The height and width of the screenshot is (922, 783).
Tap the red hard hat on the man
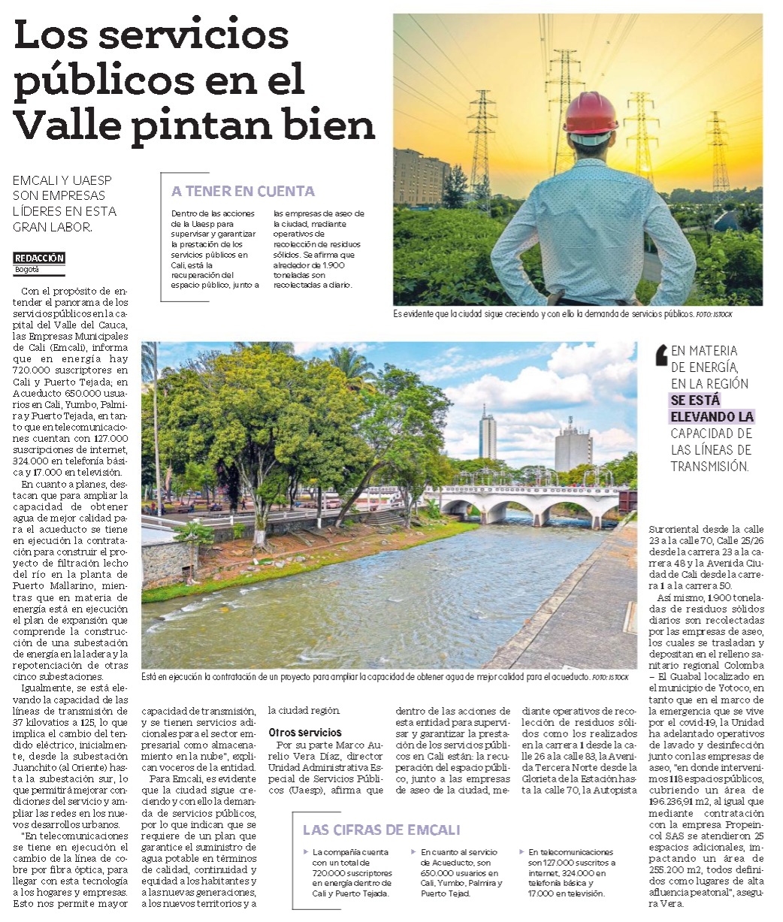click(590, 113)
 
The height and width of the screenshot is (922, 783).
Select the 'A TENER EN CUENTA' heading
click(243, 192)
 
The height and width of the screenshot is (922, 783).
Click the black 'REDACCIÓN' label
click(39, 258)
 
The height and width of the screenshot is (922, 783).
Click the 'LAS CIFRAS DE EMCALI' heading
click(380, 830)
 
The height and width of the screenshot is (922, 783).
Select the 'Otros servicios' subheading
click(305, 732)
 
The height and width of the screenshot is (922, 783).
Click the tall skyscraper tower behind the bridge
click(488, 436)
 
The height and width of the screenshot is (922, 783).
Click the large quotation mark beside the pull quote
click(661, 355)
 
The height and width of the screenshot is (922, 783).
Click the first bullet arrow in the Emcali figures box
click(306, 852)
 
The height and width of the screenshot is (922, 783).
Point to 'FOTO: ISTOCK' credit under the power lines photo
click(714, 314)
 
